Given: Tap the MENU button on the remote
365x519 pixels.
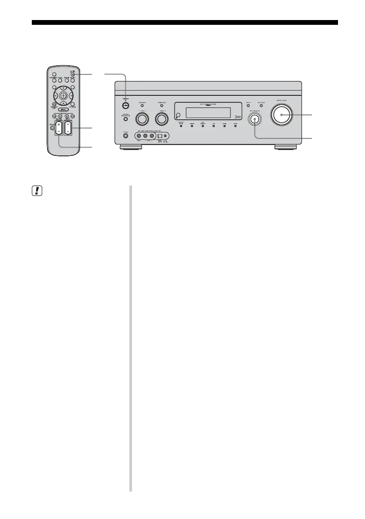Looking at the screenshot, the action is pyautogui.click(x=64, y=109).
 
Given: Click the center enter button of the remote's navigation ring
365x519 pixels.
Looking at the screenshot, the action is pyautogui.click(x=64, y=94).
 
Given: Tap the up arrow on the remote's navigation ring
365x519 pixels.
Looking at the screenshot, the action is pyautogui.click(x=64, y=87).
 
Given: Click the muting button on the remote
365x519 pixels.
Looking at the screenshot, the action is pyautogui.click(x=52, y=128).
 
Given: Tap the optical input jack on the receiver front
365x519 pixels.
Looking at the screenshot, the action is pyautogui.click(x=160, y=135).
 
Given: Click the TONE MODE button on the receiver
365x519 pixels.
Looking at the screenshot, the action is pyautogui.click(x=141, y=106).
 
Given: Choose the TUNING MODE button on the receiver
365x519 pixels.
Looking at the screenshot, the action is pyautogui.click(x=161, y=106).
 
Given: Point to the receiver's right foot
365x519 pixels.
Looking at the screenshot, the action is pyautogui.click(x=286, y=148).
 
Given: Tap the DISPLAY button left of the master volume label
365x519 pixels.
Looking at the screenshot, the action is pyautogui.click(x=248, y=106).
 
